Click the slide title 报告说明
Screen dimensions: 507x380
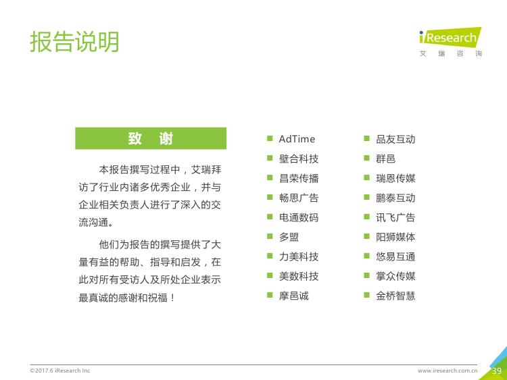(x=74, y=42)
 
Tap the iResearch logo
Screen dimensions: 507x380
(x=450, y=42)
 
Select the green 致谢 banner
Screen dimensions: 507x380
(x=151, y=138)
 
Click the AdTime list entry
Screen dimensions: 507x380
(x=297, y=139)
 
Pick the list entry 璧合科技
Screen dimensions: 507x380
(x=299, y=159)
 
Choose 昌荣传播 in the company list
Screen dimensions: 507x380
(x=299, y=178)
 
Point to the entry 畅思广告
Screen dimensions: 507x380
(x=299, y=198)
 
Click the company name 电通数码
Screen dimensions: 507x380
(x=299, y=217)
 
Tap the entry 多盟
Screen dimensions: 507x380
(x=289, y=237)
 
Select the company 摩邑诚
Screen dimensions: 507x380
(x=294, y=296)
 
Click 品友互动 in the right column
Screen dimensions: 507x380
(x=395, y=139)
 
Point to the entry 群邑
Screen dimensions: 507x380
(x=386, y=159)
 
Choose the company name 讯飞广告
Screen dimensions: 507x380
(x=395, y=217)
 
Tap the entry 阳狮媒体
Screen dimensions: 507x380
(x=395, y=237)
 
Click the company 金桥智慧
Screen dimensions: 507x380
(x=395, y=296)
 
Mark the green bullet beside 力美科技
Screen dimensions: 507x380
(x=270, y=256)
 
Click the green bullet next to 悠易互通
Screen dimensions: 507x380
(x=366, y=256)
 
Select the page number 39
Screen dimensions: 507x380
(x=497, y=371)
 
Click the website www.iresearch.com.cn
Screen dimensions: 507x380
(x=448, y=371)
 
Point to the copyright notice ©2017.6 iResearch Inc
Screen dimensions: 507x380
(x=59, y=371)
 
